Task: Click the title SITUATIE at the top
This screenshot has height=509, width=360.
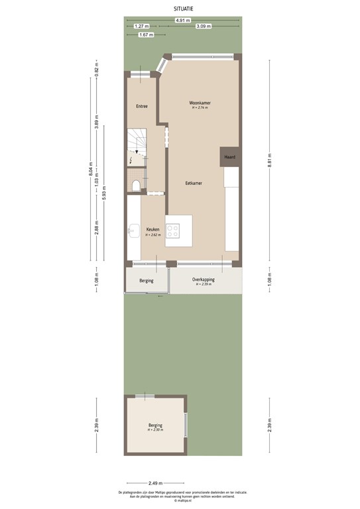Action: click(180, 9)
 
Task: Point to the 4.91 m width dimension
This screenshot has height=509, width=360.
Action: click(180, 21)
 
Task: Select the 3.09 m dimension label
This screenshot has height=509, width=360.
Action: click(203, 27)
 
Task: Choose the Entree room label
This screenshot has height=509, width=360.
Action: click(142, 106)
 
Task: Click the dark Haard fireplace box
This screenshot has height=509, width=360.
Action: click(230, 157)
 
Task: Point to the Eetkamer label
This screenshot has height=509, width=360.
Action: click(194, 182)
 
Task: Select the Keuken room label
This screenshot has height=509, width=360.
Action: click(153, 229)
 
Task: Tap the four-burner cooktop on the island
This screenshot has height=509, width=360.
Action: click(173, 231)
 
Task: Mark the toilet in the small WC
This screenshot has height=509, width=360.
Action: click(135, 185)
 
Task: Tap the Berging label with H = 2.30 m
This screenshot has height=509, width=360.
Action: click(155, 425)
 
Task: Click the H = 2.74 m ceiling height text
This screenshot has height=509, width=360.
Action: click(200, 108)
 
